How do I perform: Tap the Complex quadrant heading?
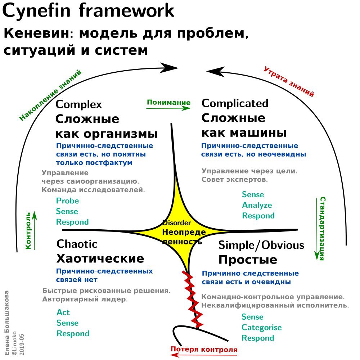click(x=79, y=104)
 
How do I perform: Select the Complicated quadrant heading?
click(x=235, y=103)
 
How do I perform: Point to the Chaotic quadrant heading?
click(x=77, y=244)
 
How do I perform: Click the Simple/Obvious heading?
click(x=261, y=246)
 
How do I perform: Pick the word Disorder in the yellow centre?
click(x=176, y=223)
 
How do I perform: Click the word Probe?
click(x=67, y=201)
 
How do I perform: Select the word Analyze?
click(x=257, y=205)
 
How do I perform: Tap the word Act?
click(x=63, y=312)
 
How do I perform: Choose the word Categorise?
click(x=261, y=328)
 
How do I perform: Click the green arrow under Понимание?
click(x=168, y=108)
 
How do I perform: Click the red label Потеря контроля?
click(x=204, y=349)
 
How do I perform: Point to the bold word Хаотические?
click(x=100, y=258)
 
